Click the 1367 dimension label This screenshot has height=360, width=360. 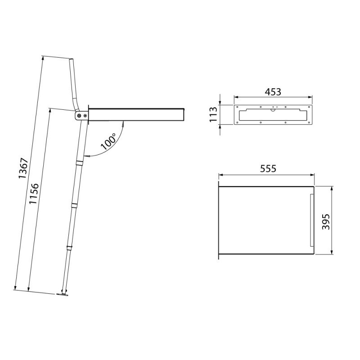tap(23, 168)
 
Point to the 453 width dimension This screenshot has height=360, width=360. tap(273, 92)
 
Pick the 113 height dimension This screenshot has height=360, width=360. tap(213, 114)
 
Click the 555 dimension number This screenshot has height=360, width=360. tap(268, 169)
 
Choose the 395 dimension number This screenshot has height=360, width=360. tap(326, 221)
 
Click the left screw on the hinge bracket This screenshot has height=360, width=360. tap(79, 116)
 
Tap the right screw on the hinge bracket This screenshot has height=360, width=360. tap(85, 116)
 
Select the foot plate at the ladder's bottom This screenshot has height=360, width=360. tap(62, 295)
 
